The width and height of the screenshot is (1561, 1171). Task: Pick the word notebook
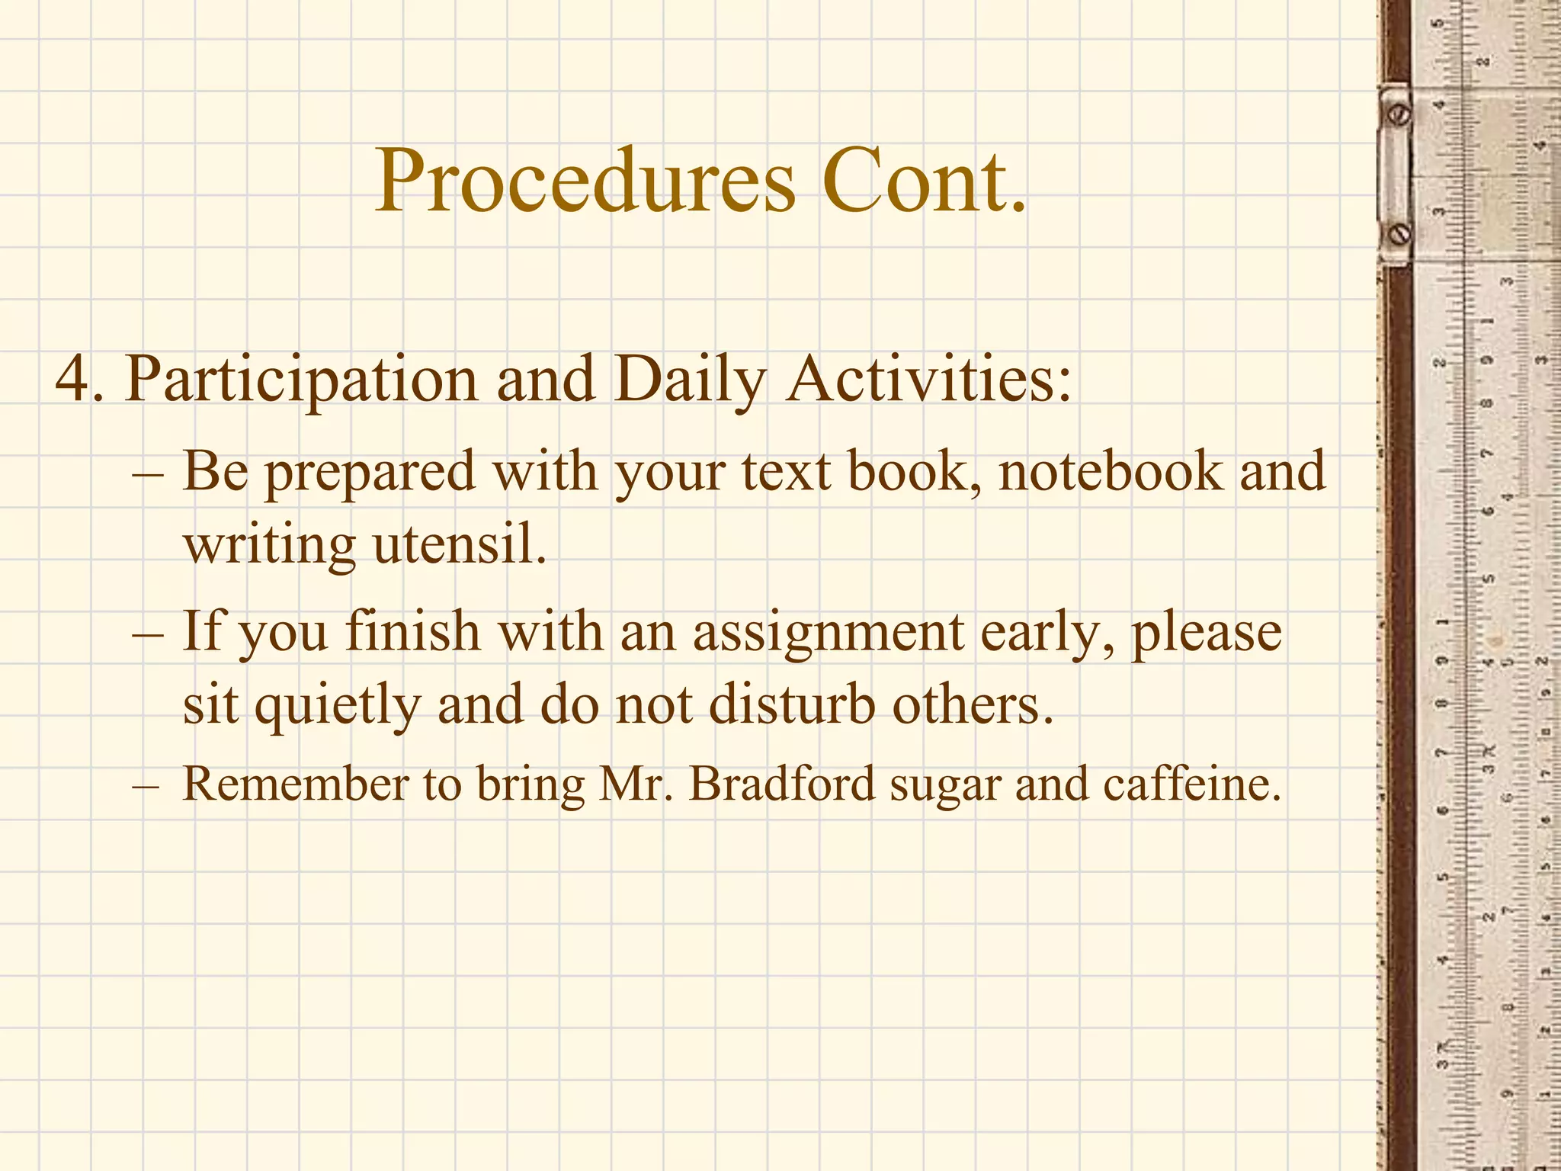pyautogui.click(x=1110, y=471)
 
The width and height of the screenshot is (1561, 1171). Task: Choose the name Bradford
pyautogui.click(x=782, y=784)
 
